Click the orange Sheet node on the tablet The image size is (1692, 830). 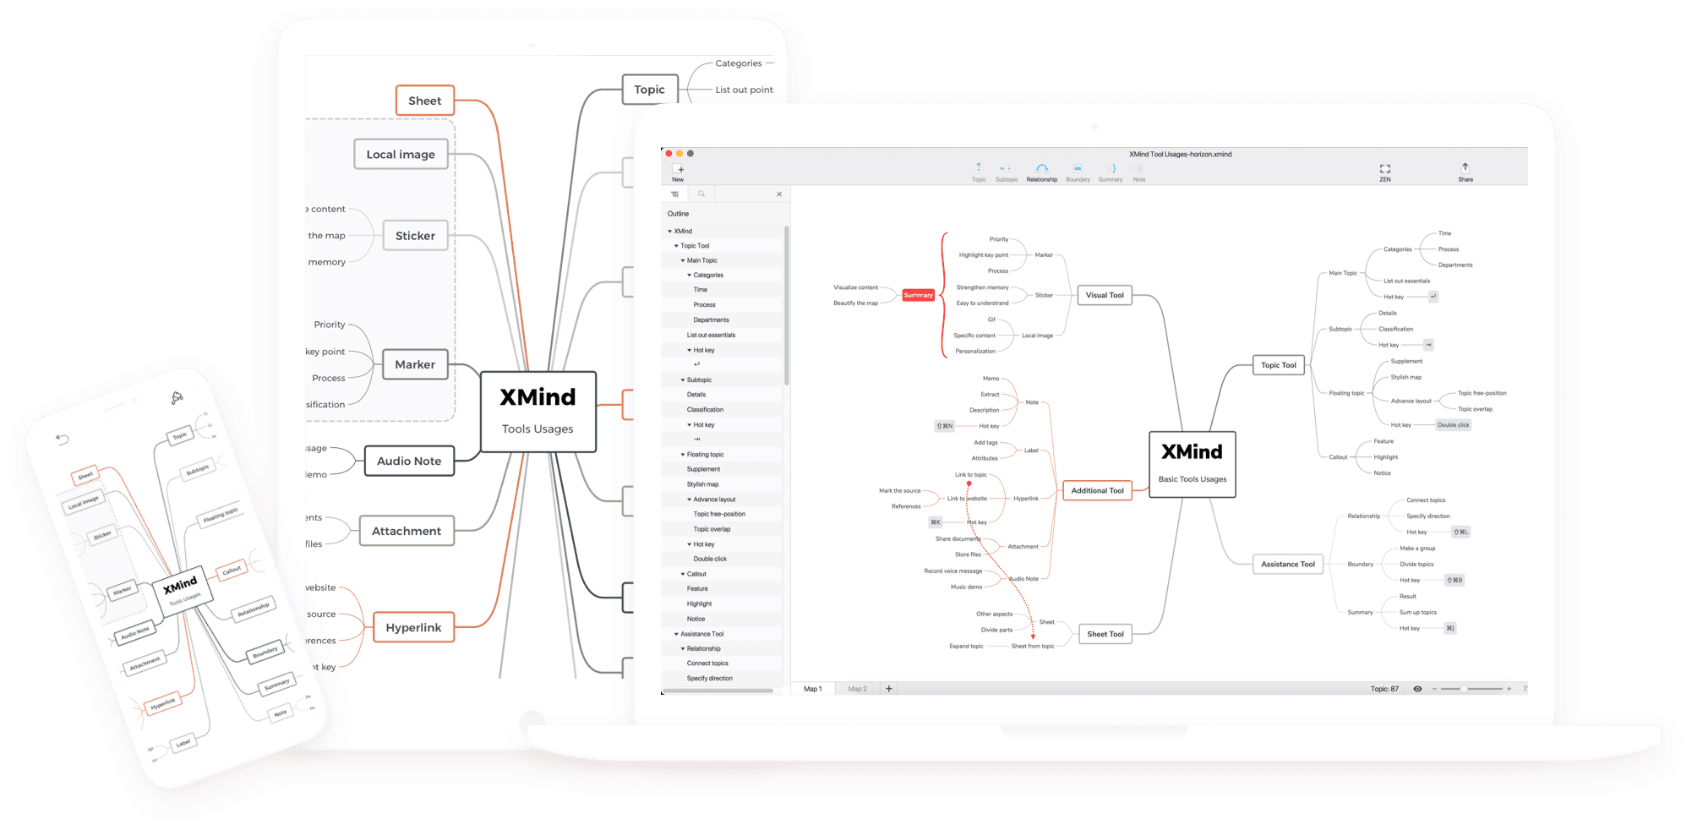coord(424,101)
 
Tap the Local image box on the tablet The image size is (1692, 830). coord(401,154)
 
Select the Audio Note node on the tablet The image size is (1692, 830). coord(409,461)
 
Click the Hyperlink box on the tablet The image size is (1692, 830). coord(413,627)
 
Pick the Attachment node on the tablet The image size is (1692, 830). coord(407,531)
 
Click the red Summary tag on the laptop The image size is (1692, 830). coord(918,295)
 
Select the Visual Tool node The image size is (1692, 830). coord(1105,295)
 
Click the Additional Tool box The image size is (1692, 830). coord(1097,490)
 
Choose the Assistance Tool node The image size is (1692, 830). coord(1287,564)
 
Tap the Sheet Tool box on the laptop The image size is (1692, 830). coord(1105,634)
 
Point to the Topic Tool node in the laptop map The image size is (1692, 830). coord(1278,365)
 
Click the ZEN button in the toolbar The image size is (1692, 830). coord(1384,172)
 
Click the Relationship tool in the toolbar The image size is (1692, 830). coord(1041,172)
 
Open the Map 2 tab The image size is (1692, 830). coord(857,689)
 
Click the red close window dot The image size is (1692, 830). coord(669,154)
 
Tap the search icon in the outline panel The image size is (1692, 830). coord(701,194)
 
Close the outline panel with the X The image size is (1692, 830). coord(779,194)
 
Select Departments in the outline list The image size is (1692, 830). coord(711,320)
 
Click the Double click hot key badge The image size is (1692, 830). coord(1453,425)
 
